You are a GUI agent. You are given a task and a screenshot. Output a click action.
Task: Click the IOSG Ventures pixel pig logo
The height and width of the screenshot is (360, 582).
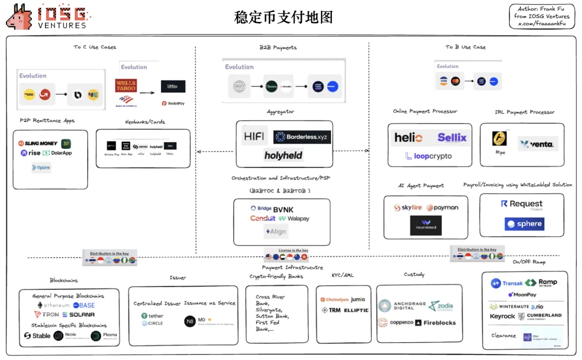click(x=20, y=17)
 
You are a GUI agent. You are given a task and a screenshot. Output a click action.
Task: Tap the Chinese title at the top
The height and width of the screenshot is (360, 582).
click(x=283, y=17)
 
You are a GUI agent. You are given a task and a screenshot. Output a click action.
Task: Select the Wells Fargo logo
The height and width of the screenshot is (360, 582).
click(x=126, y=85)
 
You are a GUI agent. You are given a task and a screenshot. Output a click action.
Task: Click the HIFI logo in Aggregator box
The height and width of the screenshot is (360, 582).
click(x=253, y=136)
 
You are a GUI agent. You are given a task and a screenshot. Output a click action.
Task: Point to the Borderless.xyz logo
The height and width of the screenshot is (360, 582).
click(x=302, y=137)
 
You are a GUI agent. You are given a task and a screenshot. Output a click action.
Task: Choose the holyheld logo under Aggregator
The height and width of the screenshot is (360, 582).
click(x=283, y=155)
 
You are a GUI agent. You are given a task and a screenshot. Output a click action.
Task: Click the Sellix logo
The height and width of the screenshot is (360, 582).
click(x=452, y=137)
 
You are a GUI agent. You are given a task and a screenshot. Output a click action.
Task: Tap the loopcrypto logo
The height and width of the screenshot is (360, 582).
click(x=428, y=156)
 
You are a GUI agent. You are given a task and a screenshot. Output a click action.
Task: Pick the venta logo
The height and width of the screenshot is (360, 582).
click(x=537, y=144)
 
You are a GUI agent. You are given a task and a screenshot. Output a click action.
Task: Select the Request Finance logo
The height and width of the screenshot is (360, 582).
click(x=522, y=204)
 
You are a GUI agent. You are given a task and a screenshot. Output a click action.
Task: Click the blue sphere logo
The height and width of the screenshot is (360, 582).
click(x=524, y=224)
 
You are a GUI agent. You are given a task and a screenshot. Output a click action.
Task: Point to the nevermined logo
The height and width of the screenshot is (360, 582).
click(x=426, y=225)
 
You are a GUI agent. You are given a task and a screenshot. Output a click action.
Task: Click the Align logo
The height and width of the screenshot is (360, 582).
click(x=276, y=232)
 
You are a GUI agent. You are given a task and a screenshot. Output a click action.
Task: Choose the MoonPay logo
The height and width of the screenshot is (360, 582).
click(x=522, y=295)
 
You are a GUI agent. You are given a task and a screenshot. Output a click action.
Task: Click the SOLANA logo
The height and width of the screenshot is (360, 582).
click(x=79, y=315)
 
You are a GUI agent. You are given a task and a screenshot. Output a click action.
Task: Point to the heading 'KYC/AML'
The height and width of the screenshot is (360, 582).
click(x=342, y=275)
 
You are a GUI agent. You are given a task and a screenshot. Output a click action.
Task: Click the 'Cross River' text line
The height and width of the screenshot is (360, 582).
click(x=271, y=297)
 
